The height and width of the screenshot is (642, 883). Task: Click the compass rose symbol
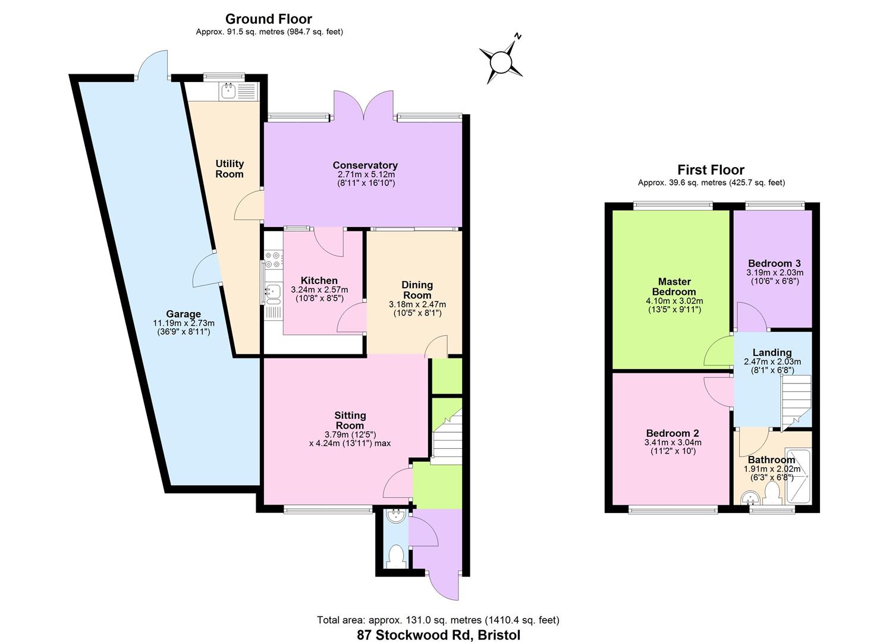501,61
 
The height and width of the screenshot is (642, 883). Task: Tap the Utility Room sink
228,91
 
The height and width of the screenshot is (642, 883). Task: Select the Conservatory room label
364,165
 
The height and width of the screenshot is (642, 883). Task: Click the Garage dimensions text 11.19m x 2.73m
183,323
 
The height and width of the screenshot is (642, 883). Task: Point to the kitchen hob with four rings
274,260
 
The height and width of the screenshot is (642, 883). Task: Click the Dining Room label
417,289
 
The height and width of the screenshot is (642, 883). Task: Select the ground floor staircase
446,437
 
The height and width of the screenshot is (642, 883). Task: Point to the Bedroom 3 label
774,263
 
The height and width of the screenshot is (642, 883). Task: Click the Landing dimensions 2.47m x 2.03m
772,361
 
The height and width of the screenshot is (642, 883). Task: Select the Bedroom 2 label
672,433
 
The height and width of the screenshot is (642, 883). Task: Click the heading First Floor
711,170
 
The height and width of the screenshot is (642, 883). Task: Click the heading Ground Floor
269,19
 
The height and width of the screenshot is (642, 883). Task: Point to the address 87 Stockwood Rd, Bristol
438,634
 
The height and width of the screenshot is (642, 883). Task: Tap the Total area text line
438,620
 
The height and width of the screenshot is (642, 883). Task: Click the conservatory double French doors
364,107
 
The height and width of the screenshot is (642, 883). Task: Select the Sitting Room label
350,420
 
